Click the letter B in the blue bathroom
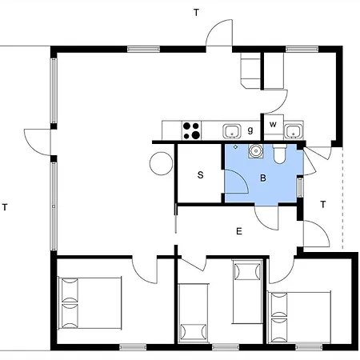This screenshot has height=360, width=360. point(263,178)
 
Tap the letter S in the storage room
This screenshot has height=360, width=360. point(201,175)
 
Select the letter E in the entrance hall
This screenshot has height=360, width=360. point(239,231)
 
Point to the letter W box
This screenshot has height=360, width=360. point(273,124)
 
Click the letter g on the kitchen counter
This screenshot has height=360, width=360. point(250,130)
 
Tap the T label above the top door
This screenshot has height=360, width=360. point(196,13)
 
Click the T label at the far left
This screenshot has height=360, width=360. point(5,207)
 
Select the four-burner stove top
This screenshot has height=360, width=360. point(192,130)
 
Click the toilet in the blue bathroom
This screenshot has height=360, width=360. point(279,154)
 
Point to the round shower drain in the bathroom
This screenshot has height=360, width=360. point(256,151)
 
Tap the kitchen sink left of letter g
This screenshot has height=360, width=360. point(232,131)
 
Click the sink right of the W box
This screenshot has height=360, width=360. point(294,131)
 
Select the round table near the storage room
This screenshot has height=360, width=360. point(161,163)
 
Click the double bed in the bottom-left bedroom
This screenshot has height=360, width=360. point(90,303)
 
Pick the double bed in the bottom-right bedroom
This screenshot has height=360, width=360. point(299,318)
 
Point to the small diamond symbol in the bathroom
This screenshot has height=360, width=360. point(235,146)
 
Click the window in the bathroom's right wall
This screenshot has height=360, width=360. point(300,187)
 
